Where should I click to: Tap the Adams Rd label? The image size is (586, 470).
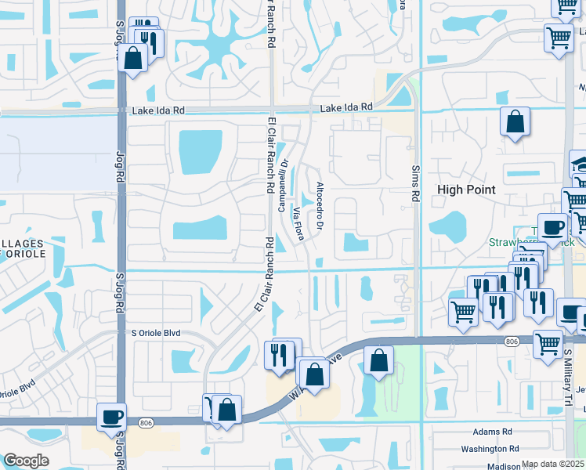[492, 432]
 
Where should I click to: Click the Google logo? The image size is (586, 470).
[26, 461]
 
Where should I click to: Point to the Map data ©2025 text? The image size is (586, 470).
[553, 465]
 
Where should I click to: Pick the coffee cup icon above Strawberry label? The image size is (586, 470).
[552, 226]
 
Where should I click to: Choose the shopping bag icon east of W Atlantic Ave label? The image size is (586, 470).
[378, 362]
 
